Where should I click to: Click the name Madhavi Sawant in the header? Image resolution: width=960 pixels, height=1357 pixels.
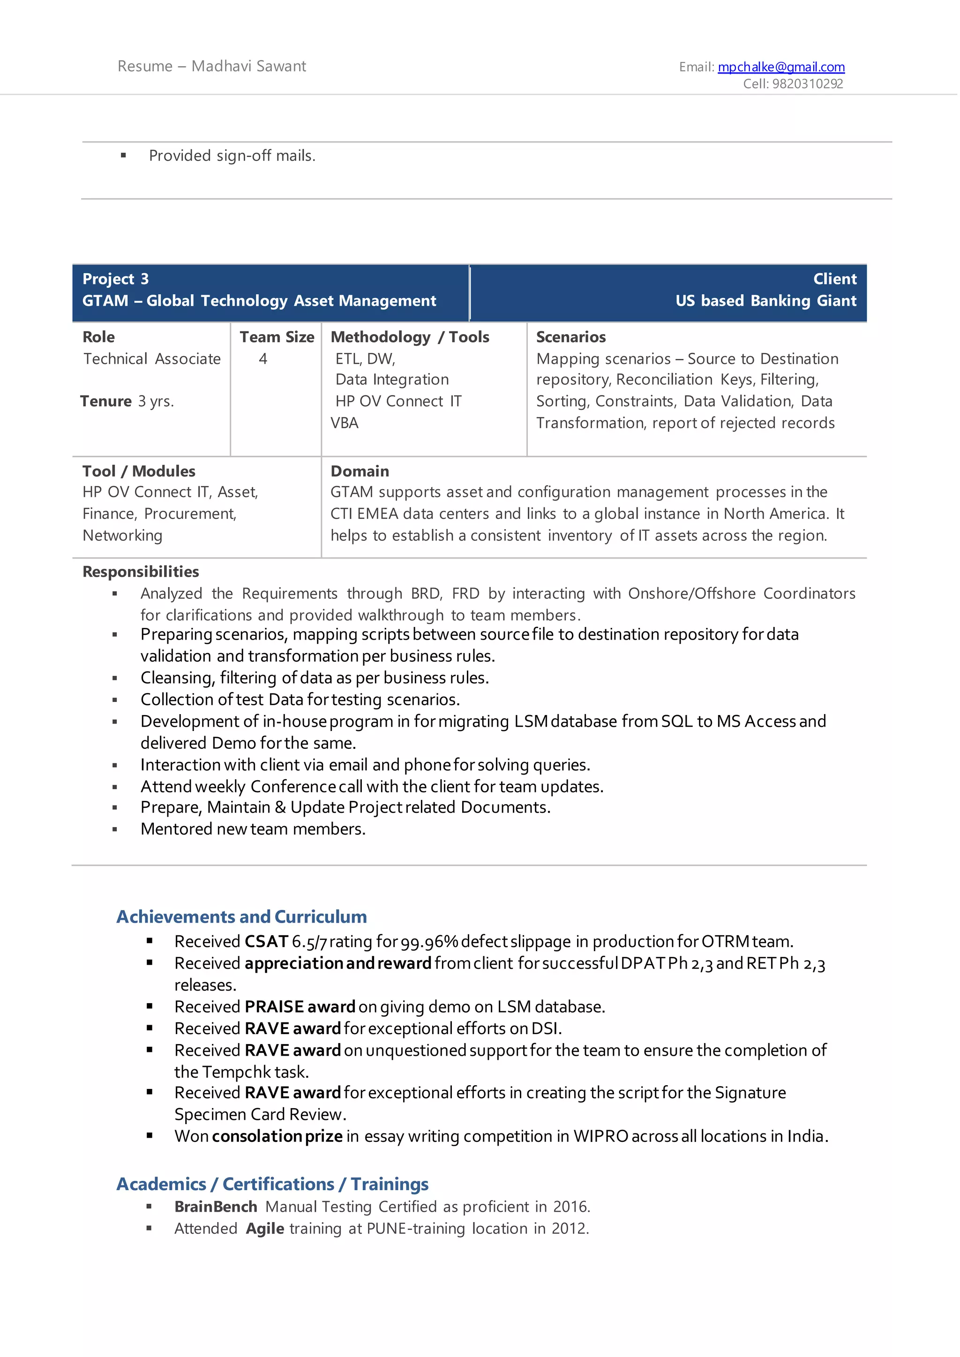[x=248, y=66]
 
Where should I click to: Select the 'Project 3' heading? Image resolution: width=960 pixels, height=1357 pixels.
[x=116, y=279]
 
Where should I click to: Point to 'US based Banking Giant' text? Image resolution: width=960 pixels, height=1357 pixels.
[x=765, y=301]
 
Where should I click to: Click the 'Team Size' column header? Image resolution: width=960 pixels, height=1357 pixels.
[x=277, y=337]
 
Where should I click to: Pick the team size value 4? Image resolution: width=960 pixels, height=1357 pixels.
[x=263, y=359]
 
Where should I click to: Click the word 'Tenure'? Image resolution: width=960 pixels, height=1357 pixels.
[x=106, y=401]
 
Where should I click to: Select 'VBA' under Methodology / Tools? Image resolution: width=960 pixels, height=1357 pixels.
[x=345, y=423]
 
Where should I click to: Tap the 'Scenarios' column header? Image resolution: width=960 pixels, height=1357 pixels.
[x=570, y=337]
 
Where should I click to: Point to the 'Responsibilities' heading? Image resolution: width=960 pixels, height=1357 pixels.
[x=141, y=572]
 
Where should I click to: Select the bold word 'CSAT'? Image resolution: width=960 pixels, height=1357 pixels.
[x=266, y=941]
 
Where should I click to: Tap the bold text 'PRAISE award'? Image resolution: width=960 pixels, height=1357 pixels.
[x=300, y=1007]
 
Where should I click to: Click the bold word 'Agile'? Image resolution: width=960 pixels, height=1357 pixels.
[x=265, y=1228]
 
